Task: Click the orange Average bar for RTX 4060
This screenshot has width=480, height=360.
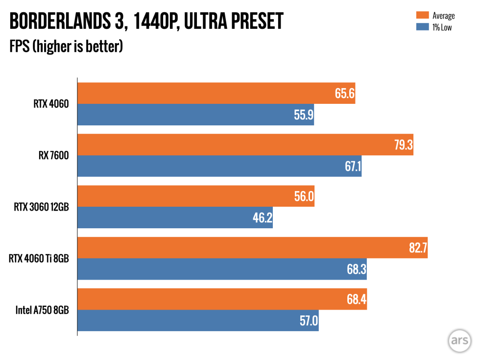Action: [x=216, y=93]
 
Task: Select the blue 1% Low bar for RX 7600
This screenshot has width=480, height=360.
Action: [x=219, y=167]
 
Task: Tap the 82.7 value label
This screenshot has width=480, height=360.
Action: [x=418, y=248]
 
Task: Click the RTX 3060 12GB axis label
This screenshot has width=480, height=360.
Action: [x=42, y=207]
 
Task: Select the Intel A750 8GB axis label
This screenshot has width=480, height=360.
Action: [x=42, y=310]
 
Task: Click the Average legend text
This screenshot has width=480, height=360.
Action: [x=443, y=16]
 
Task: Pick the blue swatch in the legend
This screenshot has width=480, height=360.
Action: [x=423, y=27]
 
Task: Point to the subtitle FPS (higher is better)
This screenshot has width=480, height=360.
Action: [x=66, y=48]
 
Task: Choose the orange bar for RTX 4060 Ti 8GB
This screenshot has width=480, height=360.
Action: [x=252, y=248]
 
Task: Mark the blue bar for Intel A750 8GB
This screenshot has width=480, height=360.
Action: [x=198, y=321]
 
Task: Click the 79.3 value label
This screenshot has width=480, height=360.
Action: [x=403, y=145]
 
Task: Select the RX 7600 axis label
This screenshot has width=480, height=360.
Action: [x=55, y=156]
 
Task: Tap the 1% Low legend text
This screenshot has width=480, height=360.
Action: [x=441, y=27]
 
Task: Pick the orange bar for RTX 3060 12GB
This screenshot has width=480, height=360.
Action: [x=196, y=196]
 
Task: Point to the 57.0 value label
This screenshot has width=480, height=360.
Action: [x=309, y=321]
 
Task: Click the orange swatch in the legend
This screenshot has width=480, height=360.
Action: [x=423, y=16]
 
